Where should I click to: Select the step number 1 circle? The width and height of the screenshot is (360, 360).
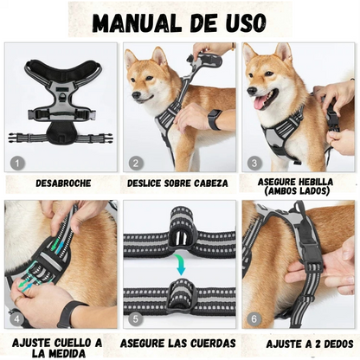click(17, 164)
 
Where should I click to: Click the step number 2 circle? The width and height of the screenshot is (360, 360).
click(136, 164)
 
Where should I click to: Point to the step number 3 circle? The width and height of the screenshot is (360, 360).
click(254, 164)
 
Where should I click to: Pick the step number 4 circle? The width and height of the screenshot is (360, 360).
click(17, 319)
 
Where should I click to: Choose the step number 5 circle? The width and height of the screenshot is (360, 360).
click(136, 319)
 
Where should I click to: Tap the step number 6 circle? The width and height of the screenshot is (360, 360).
click(254, 319)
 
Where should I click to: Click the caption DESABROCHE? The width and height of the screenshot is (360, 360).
click(63, 183)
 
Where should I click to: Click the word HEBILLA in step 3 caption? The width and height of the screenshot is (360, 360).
click(316, 182)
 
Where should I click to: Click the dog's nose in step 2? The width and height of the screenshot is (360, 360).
click(135, 94)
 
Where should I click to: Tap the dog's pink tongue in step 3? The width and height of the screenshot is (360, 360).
click(262, 103)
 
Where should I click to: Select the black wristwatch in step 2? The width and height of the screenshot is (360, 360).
click(215, 119)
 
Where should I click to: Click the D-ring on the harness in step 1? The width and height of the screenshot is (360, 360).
click(61, 95)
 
